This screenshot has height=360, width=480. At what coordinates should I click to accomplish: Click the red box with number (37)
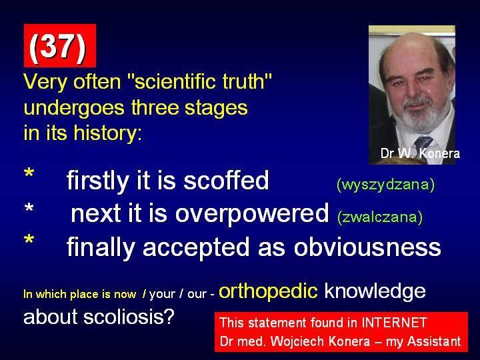[60, 45]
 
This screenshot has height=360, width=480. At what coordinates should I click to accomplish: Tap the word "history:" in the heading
[108, 133]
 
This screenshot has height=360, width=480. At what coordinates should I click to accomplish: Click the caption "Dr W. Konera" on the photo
[420, 153]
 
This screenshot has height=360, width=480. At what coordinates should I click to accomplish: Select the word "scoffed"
[226, 180]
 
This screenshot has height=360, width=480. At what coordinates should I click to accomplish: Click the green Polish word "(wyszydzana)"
[385, 184]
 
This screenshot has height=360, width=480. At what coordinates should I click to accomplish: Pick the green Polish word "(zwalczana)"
[380, 217]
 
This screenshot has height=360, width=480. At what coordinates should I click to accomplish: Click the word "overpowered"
[252, 214]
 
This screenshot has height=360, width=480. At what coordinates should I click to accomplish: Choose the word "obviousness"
[367, 247]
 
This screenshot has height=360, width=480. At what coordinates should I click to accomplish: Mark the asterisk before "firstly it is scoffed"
[29, 173]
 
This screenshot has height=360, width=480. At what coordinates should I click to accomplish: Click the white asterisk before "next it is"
[29, 209]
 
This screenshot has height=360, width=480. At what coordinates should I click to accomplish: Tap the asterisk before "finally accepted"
[29, 239]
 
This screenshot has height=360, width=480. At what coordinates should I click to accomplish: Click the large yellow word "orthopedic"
[269, 291]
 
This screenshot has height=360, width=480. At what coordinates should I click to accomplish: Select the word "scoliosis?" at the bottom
[129, 317]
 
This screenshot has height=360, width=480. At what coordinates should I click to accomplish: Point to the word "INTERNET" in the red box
[394, 323]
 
